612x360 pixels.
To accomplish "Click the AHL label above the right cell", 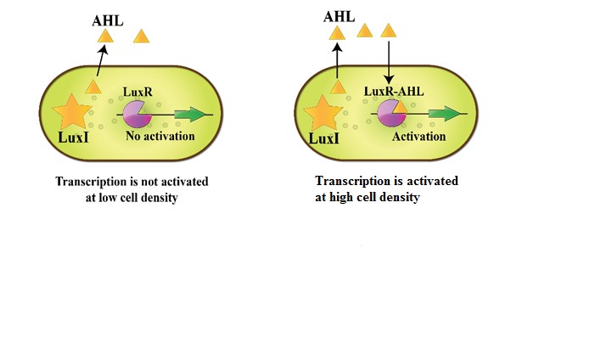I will [340, 16].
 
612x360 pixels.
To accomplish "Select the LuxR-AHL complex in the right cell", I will [390, 112].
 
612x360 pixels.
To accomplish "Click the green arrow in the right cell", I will [445, 113].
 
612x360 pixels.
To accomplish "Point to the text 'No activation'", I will [160, 136].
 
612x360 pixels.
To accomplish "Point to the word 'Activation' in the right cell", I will [418, 136].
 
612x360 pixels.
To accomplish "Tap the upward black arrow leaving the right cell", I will [338, 60].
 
